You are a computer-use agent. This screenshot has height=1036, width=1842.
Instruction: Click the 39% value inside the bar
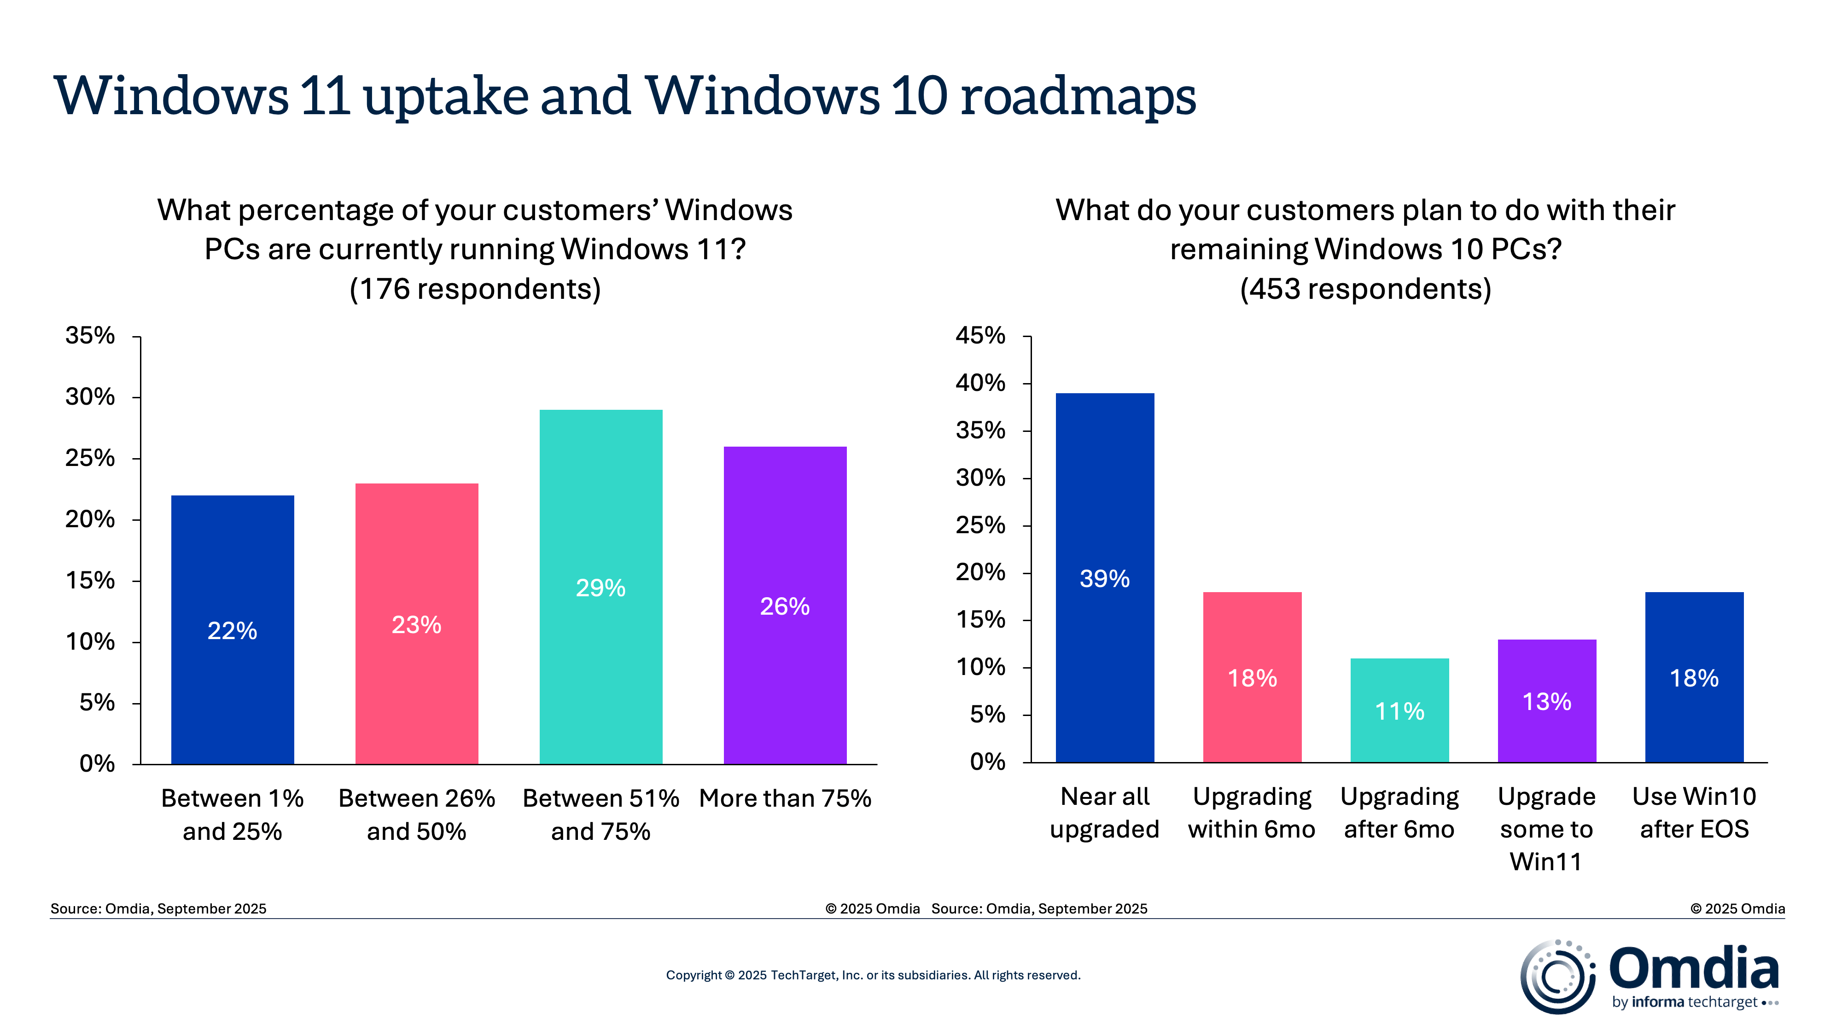coord(1104,578)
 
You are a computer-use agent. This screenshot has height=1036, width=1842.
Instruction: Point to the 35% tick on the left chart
coord(90,335)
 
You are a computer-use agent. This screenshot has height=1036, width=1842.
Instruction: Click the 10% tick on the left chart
coord(90,641)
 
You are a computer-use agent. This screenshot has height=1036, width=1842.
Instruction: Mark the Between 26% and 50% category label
coord(416,815)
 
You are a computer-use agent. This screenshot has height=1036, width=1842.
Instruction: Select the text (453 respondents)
coord(1365,289)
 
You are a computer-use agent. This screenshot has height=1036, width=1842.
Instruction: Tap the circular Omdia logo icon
coord(1557,977)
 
